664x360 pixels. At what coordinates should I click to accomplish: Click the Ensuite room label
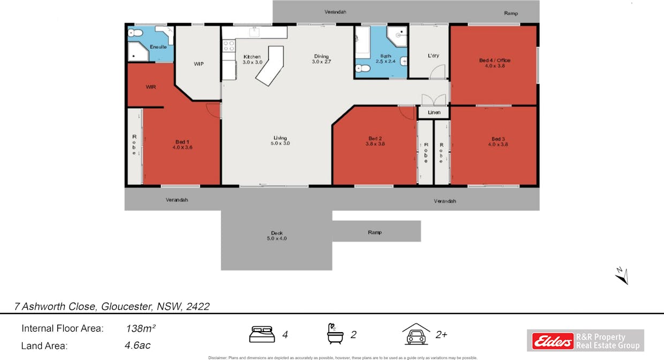coord(158,47)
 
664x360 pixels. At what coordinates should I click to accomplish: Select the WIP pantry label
coord(199,64)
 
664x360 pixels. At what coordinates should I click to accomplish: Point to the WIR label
coord(151,87)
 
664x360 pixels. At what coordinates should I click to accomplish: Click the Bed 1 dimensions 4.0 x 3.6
coord(182,147)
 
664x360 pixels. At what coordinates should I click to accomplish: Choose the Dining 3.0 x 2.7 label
coord(321,59)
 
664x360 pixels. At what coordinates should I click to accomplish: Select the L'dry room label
coord(433,56)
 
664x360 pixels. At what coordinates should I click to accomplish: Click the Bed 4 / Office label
coord(494,61)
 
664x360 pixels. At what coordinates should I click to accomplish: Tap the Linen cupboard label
coord(434,112)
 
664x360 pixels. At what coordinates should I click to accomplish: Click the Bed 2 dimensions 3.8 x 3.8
coord(375,144)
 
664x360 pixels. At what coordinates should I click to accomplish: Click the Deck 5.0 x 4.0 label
coord(276,236)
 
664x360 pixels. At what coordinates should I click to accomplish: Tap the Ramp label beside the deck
coord(374,232)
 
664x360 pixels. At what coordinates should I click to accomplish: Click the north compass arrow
coord(621,275)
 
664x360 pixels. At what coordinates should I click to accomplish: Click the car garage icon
coord(417,334)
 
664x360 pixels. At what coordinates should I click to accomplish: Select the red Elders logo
coord(553,340)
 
